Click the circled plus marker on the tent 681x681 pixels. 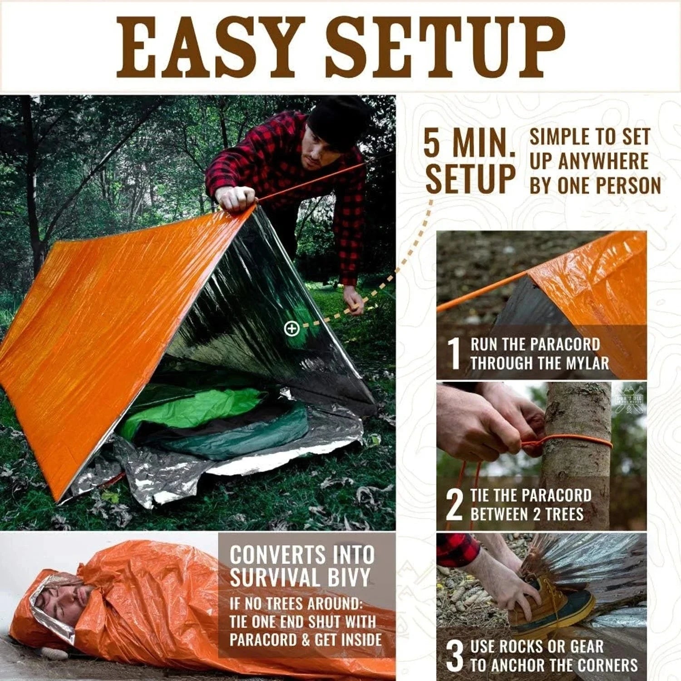click(291, 328)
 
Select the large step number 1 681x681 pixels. click(454, 353)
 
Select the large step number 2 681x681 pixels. click(454, 505)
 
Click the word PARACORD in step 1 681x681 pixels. click(567, 345)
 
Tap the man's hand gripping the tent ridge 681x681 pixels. click(236, 199)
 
